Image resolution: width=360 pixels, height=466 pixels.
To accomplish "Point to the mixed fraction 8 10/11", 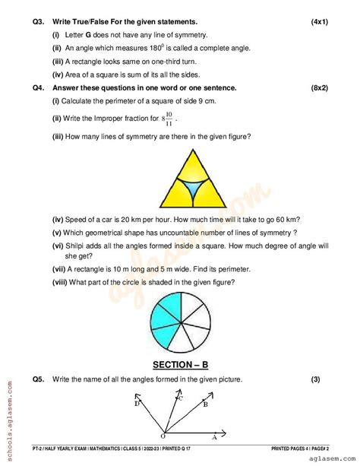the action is click(166, 119).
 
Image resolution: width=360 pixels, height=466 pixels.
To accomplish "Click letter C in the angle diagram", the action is click(180, 397).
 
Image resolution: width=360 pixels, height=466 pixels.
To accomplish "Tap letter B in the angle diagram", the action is click(206, 405).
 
